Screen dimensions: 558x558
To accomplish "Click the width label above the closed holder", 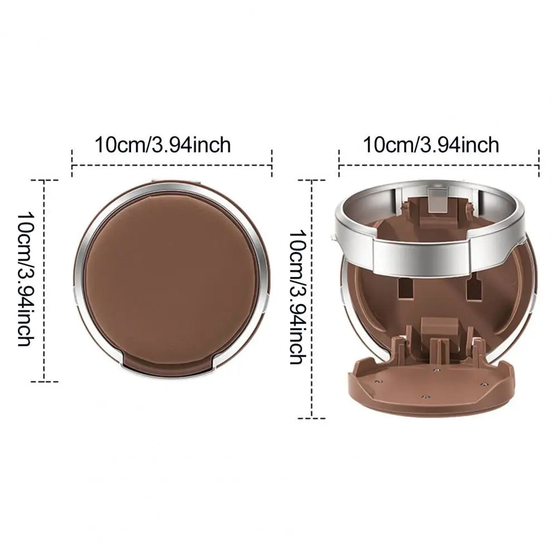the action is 163,145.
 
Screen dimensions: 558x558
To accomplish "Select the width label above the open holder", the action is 430,145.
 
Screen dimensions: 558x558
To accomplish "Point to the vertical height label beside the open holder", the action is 298,297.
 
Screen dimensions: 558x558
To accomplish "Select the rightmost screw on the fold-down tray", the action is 483,385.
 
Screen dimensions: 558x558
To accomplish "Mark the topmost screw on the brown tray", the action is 436,370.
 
